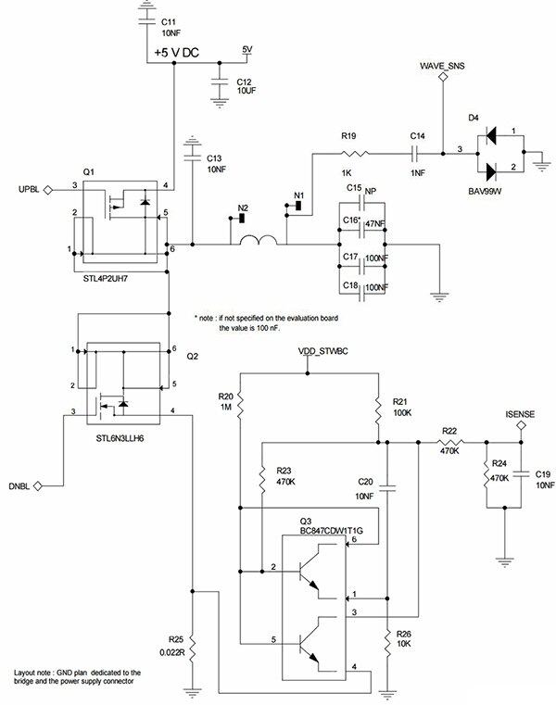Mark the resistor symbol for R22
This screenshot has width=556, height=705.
(451, 443)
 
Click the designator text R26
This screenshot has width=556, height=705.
(403, 635)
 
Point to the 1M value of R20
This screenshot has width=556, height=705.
(223, 407)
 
